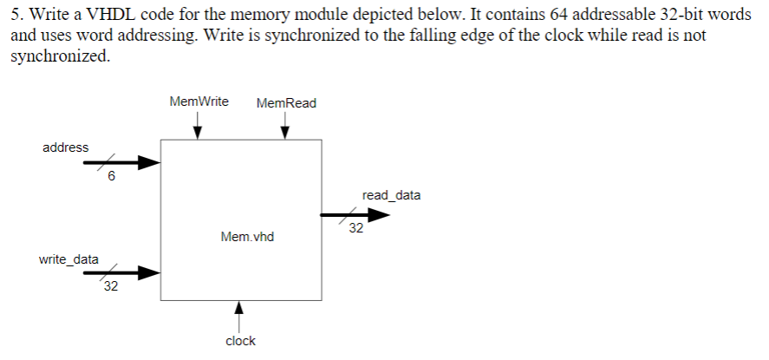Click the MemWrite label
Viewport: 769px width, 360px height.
pyautogui.click(x=199, y=101)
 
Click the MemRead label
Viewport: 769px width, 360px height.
pyautogui.click(x=287, y=103)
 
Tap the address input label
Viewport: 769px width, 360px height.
pyautogui.click(x=66, y=147)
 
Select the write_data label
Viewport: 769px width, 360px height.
pyautogui.click(x=68, y=259)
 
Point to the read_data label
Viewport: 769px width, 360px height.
pyautogui.click(x=392, y=195)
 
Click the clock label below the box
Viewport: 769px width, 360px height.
pyautogui.click(x=240, y=341)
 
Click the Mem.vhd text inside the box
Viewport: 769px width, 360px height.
pyautogui.click(x=247, y=236)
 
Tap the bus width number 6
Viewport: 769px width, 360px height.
pyautogui.click(x=111, y=178)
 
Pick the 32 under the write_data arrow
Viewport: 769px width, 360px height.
pyautogui.click(x=110, y=289)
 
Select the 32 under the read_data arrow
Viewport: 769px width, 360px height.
pyautogui.click(x=356, y=229)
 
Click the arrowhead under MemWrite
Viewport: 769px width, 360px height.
pyautogui.click(x=199, y=133)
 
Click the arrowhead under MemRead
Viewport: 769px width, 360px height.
pyautogui.click(x=285, y=133)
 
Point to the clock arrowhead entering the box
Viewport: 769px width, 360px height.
pyautogui.click(x=240, y=307)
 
